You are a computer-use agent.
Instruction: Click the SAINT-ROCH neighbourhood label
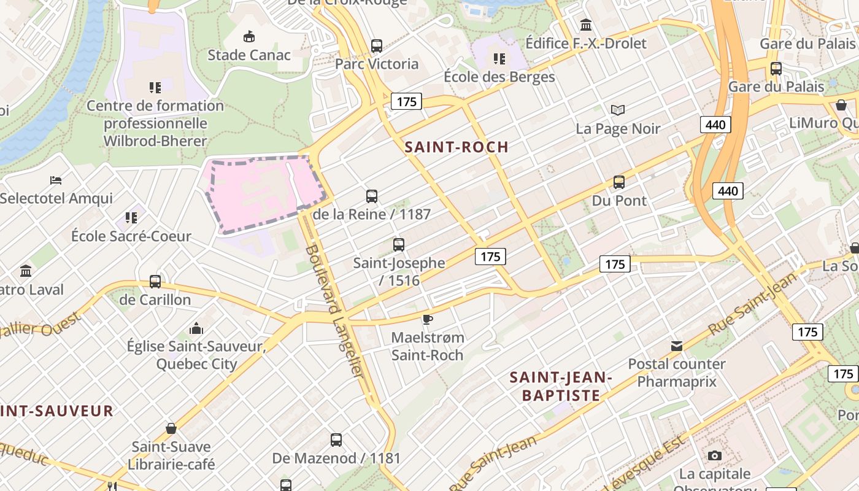point(456,147)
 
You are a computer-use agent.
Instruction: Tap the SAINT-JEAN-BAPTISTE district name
point(561,386)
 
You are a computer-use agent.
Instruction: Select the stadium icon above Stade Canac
point(249,37)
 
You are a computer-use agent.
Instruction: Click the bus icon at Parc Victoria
point(377,46)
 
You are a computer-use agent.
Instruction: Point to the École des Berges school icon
point(499,59)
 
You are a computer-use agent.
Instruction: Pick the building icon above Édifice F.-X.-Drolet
point(586,25)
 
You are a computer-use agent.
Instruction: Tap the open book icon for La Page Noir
point(618,110)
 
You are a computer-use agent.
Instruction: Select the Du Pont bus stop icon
point(619,182)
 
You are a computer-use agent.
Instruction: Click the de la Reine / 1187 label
point(371,214)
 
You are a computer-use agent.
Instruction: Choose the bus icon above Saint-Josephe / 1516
point(399,245)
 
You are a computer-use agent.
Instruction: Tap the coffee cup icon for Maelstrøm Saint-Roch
point(428,319)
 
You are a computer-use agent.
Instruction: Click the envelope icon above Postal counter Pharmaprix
point(677,346)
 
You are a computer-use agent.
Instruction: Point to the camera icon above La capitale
point(715,455)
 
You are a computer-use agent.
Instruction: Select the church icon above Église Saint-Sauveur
point(196,328)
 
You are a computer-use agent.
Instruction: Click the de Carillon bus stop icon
point(155,282)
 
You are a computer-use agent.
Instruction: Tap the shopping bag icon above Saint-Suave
point(171,428)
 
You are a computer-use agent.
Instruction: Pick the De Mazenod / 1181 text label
point(336,458)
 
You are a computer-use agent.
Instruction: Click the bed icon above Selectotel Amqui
point(56,180)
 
